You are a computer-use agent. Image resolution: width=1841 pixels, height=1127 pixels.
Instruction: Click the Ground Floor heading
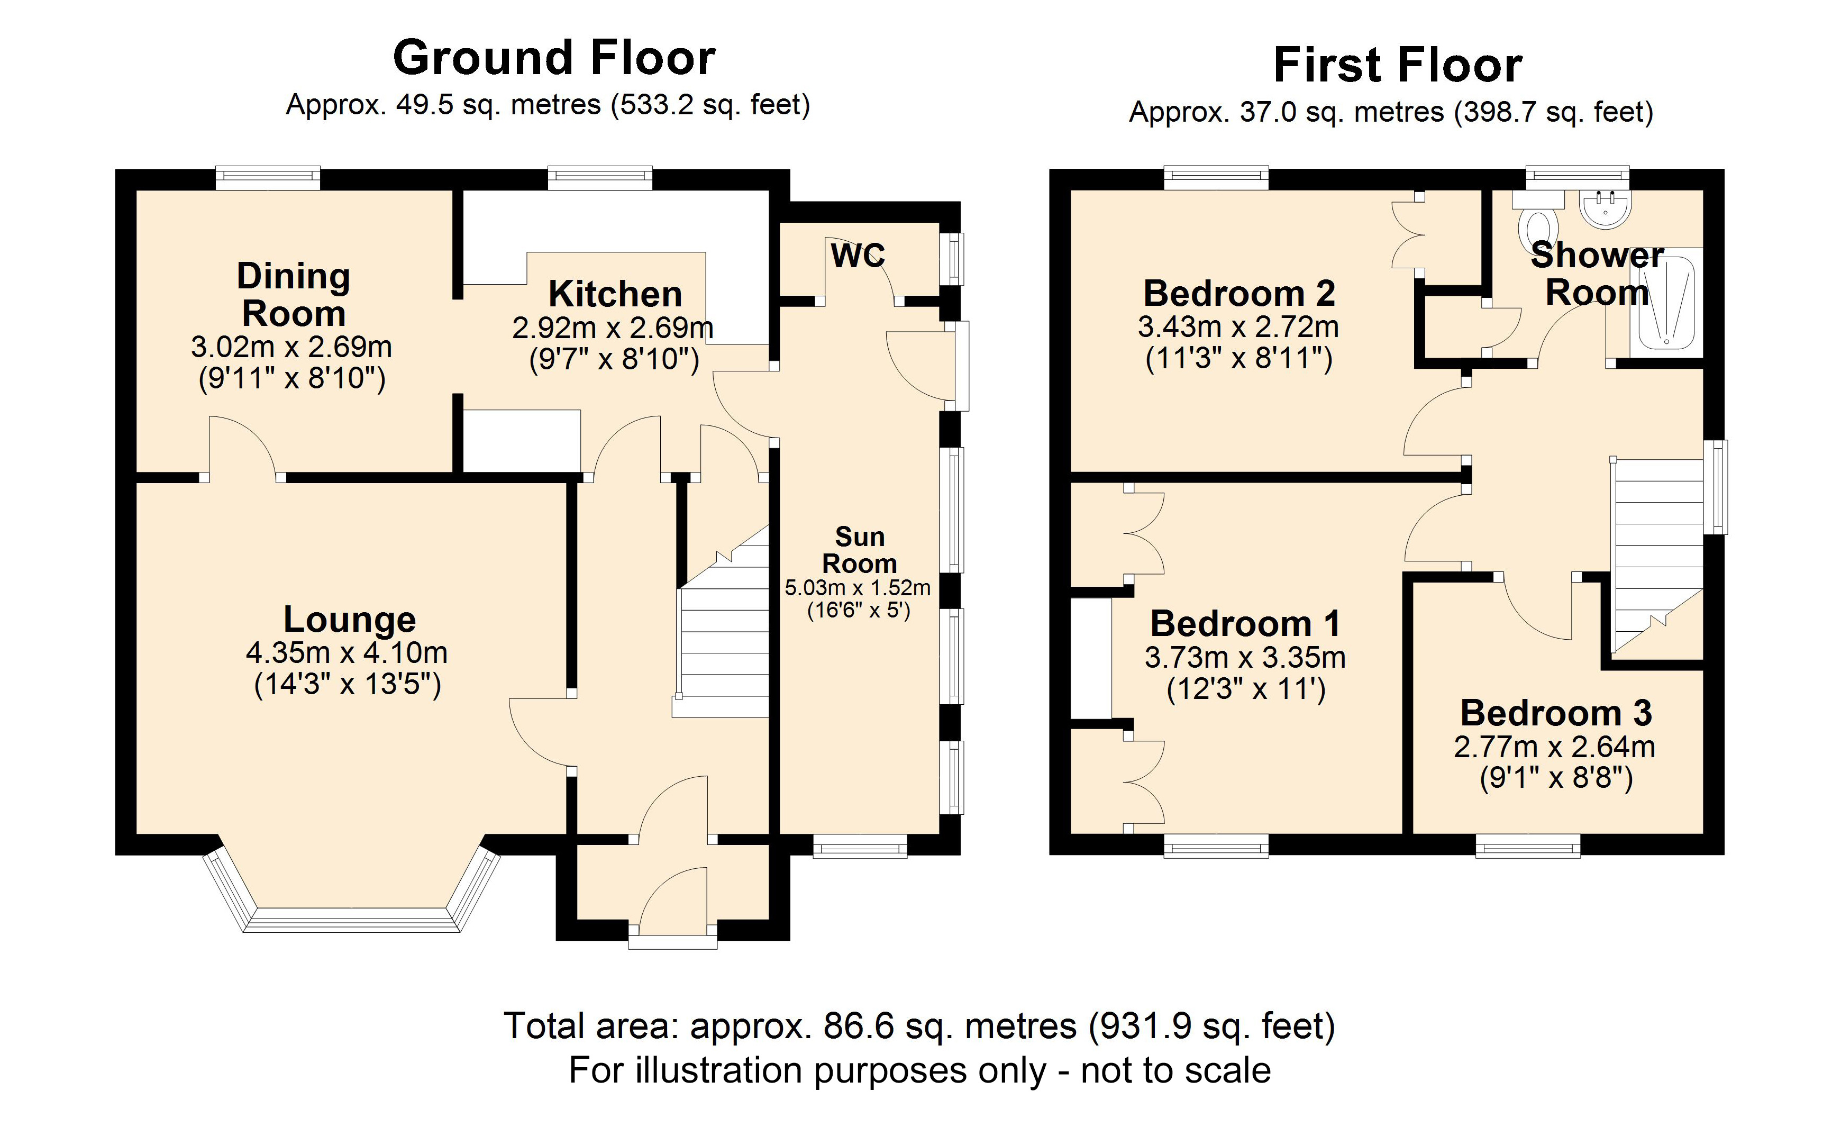(x=554, y=58)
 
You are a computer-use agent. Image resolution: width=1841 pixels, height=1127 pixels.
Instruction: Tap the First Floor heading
(x=1397, y=65)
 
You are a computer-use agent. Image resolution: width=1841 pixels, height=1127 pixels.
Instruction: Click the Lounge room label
(x=350, y=620)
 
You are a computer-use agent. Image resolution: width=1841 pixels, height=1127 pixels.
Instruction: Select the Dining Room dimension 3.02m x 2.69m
(x=291, y=347)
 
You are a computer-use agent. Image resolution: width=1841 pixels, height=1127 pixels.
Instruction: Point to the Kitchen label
(x=615, y=294)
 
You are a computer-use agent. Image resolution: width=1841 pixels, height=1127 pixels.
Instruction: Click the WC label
(x=858, y=256)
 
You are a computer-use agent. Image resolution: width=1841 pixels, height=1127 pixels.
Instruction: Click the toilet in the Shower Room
(x=1539, y=224)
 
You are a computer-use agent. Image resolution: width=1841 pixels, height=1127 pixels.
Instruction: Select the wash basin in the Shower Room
(x=1604, y=208)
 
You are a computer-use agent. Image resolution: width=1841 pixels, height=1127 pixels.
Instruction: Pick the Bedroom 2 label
(x=1239, y=293)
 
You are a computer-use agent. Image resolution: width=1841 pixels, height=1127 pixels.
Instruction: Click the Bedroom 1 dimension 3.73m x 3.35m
(x=1245, y=658)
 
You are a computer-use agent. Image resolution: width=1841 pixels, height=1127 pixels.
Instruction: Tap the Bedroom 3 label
(x=1555, y=713)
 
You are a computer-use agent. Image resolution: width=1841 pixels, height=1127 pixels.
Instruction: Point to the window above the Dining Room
(x=268, y=177)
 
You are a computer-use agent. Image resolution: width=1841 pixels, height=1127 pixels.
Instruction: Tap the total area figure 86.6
(x=858, y=1026)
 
